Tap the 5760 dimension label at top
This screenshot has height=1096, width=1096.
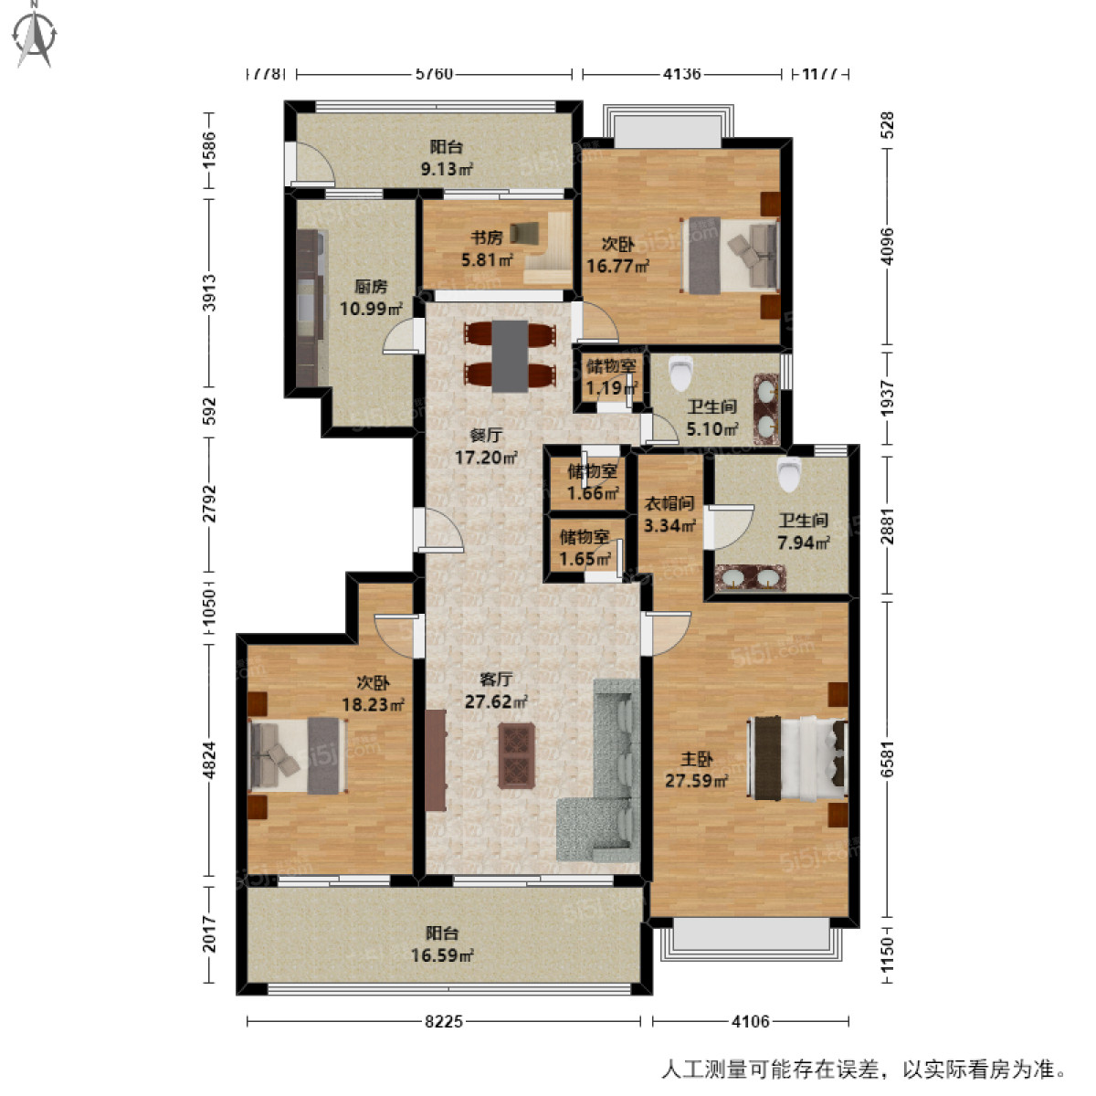[x=434, y=74]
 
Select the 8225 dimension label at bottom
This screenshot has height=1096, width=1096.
[x=444, y=1022]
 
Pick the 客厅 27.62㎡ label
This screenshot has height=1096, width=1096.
[x=496, y=690]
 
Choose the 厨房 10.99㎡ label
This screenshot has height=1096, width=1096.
[x=371, y=298]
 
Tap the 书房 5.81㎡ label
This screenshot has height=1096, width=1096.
[x=486, y=248]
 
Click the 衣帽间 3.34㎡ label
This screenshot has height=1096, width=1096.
[x=669, y=514]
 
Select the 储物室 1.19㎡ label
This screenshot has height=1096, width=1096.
[x=610, y=377]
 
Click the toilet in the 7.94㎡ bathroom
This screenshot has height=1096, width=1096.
[x=788, y=473]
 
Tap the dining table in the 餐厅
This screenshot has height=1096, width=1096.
[x=510, y=355]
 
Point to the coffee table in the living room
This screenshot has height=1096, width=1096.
[x=517, y=754]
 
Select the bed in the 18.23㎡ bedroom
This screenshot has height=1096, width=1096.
[x=298, y=755]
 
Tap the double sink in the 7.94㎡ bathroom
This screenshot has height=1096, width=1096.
[x=750, y=578]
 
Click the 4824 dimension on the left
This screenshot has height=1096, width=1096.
[x=209, y=759]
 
